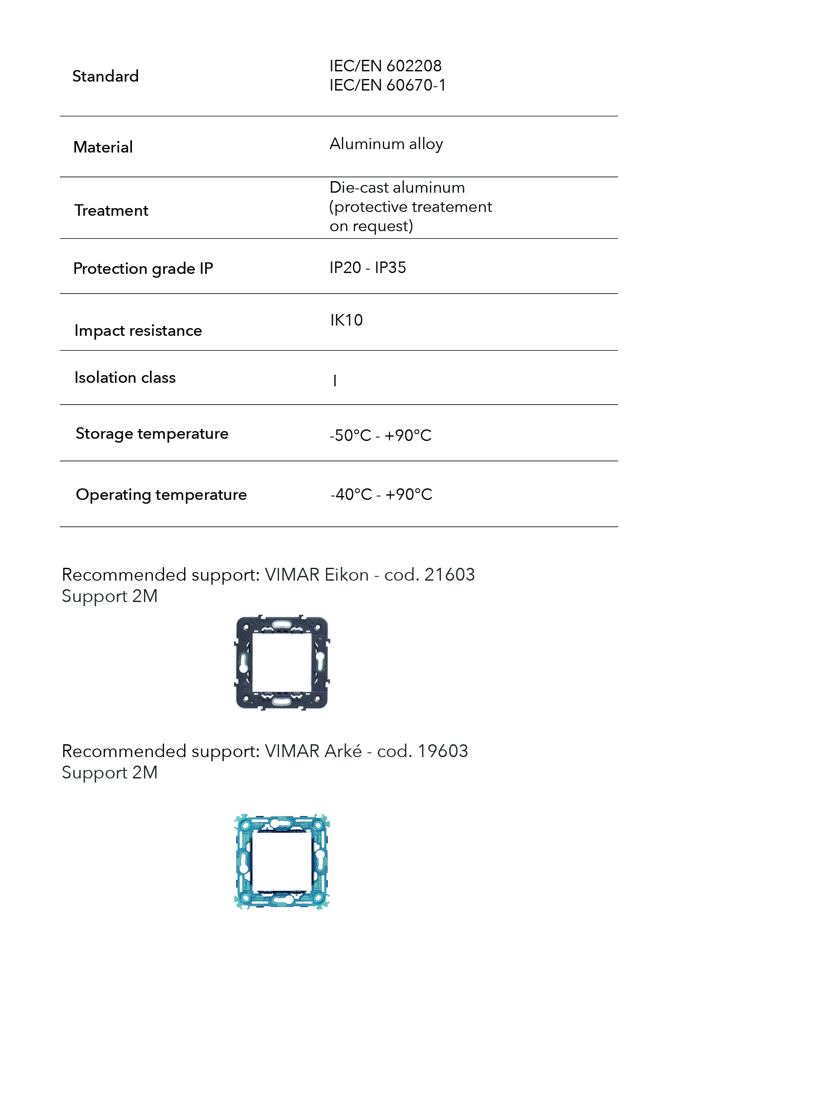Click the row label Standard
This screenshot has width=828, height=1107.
(105, 76)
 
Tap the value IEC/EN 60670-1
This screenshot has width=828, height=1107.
(387, 85)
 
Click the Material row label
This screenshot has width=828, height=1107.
(103, 147)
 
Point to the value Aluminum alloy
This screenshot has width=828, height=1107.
(386, 144)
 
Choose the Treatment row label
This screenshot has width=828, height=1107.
(111, 211)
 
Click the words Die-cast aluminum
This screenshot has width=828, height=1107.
(397, 188)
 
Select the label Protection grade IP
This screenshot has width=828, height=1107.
(143, 269)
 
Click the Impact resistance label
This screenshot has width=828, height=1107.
(138, 331)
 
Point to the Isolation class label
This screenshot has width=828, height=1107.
(125, 378)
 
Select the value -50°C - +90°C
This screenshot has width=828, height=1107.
(380, 435)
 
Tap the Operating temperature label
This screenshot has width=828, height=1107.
(161, 495)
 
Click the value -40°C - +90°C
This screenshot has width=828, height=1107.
(381, 494)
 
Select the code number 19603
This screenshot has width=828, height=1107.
(442, 751)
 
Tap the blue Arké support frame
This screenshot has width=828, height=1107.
(244, 861)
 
